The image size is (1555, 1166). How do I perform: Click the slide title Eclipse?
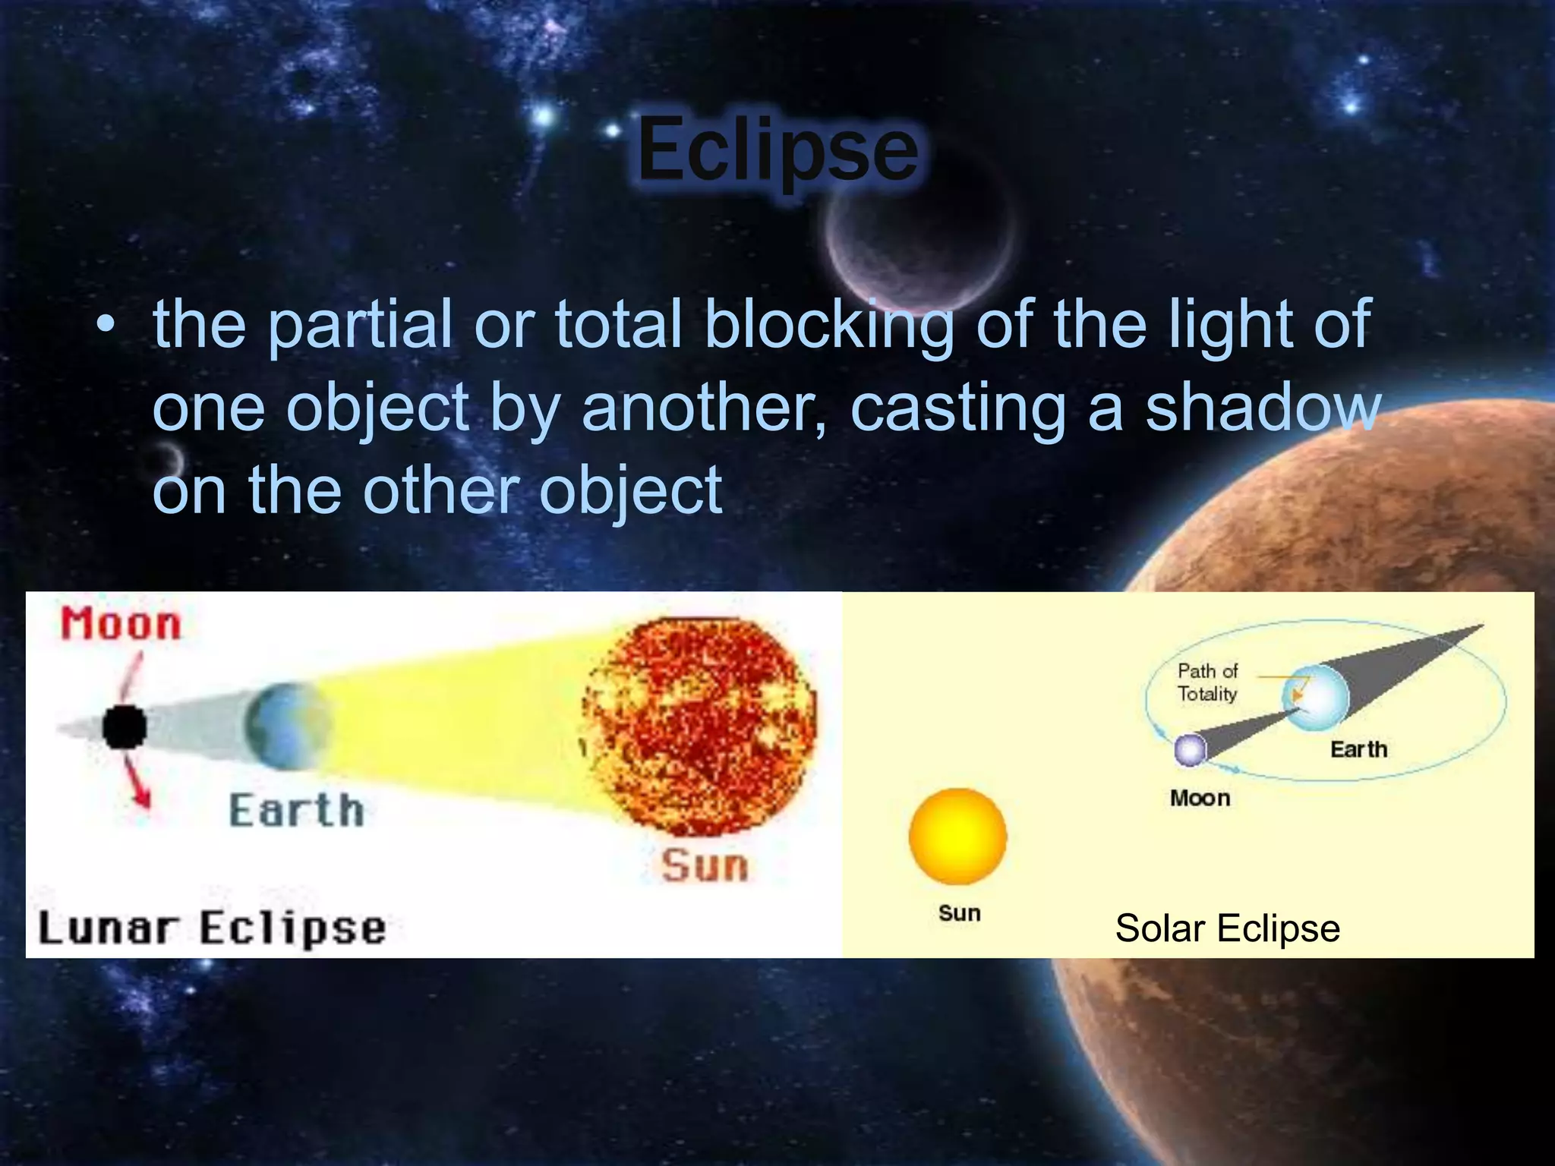tap(777, 150)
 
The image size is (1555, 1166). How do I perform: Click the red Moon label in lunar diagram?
tap(121, 624)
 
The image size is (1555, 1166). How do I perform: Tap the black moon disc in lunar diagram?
tap(124, 726)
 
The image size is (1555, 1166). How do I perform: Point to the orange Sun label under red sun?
tap(704, 865)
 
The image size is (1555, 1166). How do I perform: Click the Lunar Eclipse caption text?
tap(213, 928)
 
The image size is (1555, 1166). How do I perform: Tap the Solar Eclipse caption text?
tap(1227, 928)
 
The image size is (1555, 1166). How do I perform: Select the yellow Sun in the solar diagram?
tap(957, 837)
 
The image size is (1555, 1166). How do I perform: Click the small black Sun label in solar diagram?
tap(959, 912)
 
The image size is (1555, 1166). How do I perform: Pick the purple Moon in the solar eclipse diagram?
tap(1190, 750)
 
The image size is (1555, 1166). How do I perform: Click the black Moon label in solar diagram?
tap(1200, 798)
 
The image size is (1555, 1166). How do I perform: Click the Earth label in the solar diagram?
tap(1358, 749)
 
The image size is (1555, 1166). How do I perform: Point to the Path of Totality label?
tap(1207, 682)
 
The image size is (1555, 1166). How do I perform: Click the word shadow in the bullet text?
tap(1262, 408)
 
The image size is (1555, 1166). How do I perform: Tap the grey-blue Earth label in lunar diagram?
tap(297, 810)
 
